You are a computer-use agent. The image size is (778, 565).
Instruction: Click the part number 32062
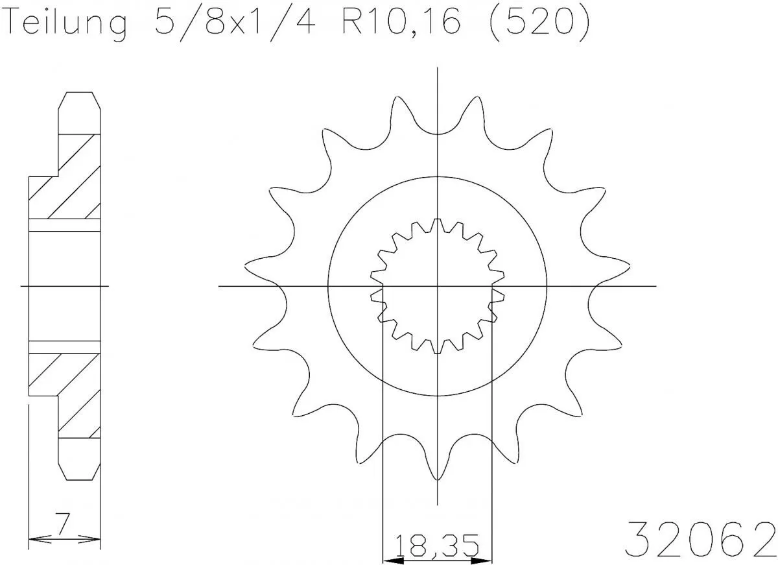click(x=700, y=537)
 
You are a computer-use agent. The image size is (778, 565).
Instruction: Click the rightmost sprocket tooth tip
click(x=629, y=265)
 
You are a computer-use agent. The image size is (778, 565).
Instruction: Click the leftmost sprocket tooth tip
click(x=246, y=265)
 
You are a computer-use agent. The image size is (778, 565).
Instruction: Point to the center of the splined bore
click(x=438, y=285)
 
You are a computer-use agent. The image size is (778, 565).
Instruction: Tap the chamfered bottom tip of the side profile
click(x=80, y=477)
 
